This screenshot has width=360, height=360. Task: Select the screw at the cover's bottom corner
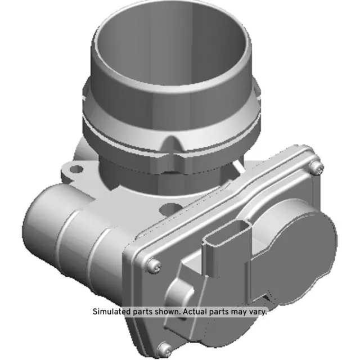click(x=164, y=348)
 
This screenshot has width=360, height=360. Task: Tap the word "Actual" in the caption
click(x=199, y=311)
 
